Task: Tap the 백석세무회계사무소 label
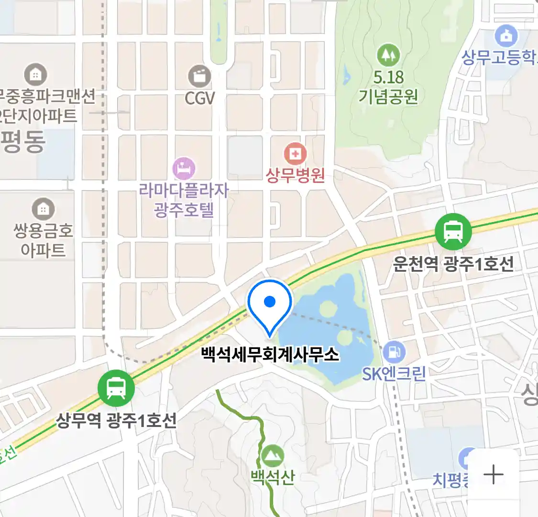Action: (270, 355)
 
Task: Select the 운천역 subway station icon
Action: (453, 232)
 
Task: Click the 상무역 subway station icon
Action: (116, 388)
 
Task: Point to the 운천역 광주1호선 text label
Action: (453, 264)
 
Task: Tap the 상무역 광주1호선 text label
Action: (116, 420)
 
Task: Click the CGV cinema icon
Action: (199, 76)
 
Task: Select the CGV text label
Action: (200, 99)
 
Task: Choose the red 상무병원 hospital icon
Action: (295, 154)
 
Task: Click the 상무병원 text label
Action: (295, 175)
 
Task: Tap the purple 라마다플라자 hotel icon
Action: (184, 169)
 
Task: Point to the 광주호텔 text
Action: (184, 210)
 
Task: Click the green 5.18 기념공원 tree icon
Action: (388, 55)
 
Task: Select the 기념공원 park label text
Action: (388, 97)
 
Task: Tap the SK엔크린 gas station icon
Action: (394, 352)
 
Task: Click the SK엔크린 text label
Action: (394, 373)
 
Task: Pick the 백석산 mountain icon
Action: (273, 456)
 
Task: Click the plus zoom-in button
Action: (493, 474)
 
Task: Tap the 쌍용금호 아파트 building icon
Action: (43, 209)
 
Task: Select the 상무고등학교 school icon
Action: (506, 36)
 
